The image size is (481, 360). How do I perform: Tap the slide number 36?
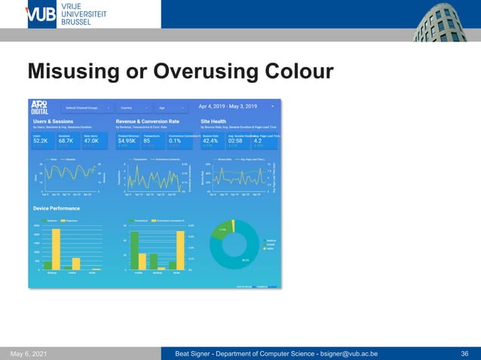pyautogui.click(x=464, y=353)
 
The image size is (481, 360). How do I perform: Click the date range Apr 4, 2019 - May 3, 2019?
pyautogui.click(x=237, y=107)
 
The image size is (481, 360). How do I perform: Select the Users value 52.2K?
pyautogui.click(x=41, y=141)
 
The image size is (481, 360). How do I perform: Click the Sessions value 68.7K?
pyautogui.click(x=66, y=141)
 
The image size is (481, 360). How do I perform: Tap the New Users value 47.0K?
pyautogui.click(x=92, y=141)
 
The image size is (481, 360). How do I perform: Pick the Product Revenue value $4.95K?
pyautogui.click(x=126, y=141)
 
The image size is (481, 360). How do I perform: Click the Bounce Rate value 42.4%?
pyautogui.click(x=210, y=141)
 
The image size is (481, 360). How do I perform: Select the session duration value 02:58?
pyautogui.click(x=235, y=141)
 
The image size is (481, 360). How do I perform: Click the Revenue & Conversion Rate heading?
pyautogui.click(x=147, y=121)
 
